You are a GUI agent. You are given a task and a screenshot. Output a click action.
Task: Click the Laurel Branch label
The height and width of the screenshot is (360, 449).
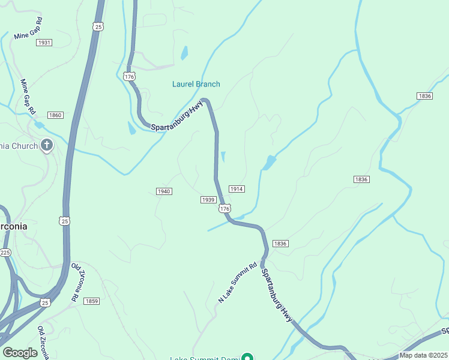click(196, 84)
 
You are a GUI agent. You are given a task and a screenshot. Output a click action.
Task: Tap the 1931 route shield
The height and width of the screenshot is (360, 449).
click(44, 43)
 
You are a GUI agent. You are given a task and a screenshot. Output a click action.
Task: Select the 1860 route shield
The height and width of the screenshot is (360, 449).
click(55, 115)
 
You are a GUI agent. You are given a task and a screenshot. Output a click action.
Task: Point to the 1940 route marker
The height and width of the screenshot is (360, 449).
click(164, 191)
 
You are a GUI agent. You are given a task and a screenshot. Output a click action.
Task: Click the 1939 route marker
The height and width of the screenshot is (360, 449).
click(208, 200)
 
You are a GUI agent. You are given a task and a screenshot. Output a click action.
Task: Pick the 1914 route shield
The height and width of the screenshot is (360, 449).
click(237, 189)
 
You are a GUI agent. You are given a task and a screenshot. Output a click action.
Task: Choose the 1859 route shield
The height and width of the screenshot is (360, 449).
click(91, 301)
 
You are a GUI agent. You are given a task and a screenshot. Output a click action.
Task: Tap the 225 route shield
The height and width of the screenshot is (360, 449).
click(5, 253)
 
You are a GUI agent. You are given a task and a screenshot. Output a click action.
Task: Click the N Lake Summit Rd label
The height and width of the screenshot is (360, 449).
click(237, 282)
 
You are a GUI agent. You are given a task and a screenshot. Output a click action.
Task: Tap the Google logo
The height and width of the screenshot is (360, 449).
click(20, 353)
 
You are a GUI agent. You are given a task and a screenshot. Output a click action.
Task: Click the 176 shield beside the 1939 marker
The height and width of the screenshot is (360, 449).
click(224, 208)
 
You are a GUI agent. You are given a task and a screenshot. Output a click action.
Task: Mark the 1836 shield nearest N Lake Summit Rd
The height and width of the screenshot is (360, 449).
click(280, 244)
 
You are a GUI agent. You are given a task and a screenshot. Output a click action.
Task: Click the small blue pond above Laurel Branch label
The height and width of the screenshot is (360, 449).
click(184, 53)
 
